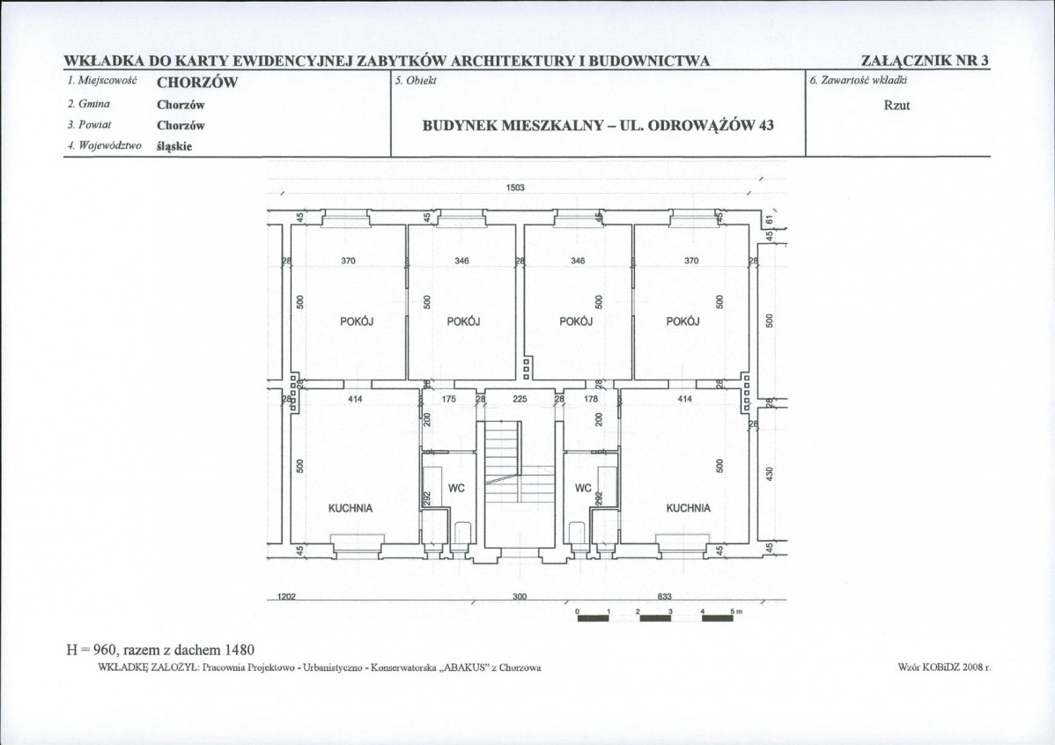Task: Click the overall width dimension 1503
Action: pyautogui.click(x=514, y=188)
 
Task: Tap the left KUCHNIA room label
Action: pyautogui.click(x=350, y=508)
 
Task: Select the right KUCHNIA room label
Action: pyautogui.click(x=689, y=508)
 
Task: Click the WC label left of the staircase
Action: pyautogui.click(x=456, y=488)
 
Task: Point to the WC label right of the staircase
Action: pyautogui.click(x=583, y=488)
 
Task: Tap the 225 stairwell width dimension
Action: pyautogui.click(x=520, y=399)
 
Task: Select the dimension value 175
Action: pyautogui.click(x=449, y=399)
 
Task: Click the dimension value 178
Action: pyautogui.click(x=591, y=399)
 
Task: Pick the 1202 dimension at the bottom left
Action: pyautogui.click(x=286, y=596)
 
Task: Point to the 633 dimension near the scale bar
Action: pyautogui.click(x=664, y=596)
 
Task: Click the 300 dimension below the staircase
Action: pyautogui.click(x=520, y=596)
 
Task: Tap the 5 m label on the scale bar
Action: pyautogui.click(x=735, y=611)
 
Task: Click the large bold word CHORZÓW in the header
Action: pyautogui.click(x=197, y=83)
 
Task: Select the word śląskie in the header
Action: pyautogui.click(x=174, y=146)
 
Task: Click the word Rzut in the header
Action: pyautogui.click(x=896, y=106)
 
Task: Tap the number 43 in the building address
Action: pyautogui.click(x=765, y=125)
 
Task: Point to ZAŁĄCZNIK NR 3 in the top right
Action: pyautogui.click(x=926, y=61)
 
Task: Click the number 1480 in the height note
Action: pyautogui.click(x=240, y=649)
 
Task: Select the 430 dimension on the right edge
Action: pyautogui.click(x=771, y=474)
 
